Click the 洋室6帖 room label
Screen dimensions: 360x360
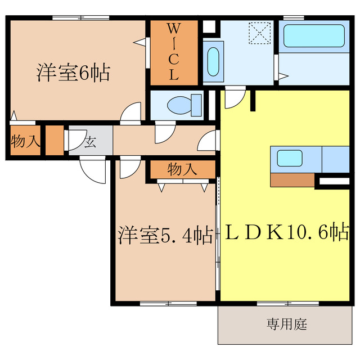pyautogui.click(x=73, y=73)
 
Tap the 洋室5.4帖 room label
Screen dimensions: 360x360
pyautogui.click(x=165, y=235)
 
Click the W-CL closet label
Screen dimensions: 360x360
pyautogui.click(x=174, y=52)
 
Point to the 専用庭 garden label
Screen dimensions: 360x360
pyautogui.click(x=286, y=325)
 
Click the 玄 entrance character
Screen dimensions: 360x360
pyautogui.click(x=90, y=141)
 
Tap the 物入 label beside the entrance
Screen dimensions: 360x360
pyautogui.click(x=25, y=141)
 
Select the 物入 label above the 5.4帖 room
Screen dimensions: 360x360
pyautogui.click(x=182, y=168)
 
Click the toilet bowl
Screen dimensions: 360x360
pyautogui.click(x=182, y=104)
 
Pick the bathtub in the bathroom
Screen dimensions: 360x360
pyautogui.click(x=312, y=35)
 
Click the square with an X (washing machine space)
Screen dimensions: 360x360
pyautogui.click(x=260, y=33)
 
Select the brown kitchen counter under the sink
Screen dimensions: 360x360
pyautogui.click(x=292, y=180)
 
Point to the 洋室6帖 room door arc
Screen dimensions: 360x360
pyautogui.click(x=132, y=113)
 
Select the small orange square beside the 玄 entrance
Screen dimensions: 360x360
pyautogui.click(x=55, y=141)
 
